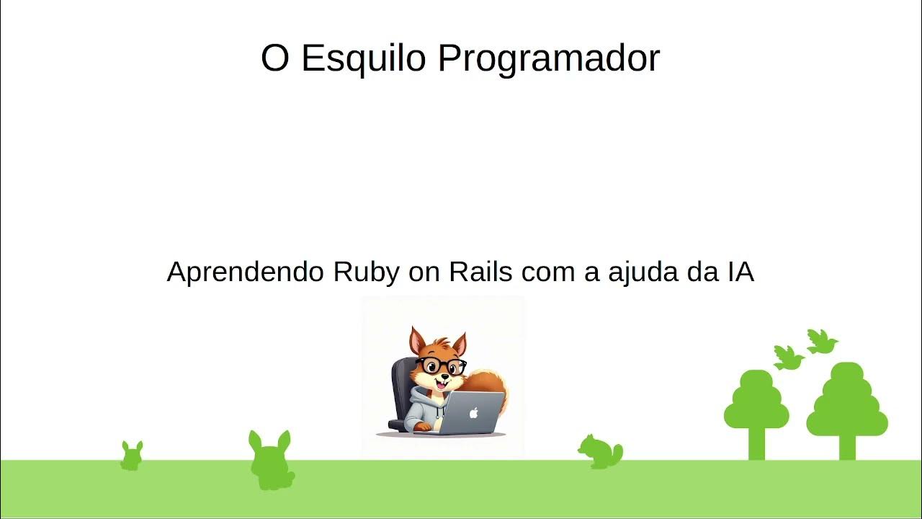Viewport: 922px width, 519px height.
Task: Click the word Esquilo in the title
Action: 364,59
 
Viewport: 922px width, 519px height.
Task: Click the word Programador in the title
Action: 549,59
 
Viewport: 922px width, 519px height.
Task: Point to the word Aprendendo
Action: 246,273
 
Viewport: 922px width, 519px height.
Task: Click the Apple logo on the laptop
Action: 473,413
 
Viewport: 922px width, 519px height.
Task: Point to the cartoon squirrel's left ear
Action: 417,340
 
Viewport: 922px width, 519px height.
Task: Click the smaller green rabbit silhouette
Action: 131,456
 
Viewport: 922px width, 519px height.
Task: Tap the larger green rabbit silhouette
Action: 271,461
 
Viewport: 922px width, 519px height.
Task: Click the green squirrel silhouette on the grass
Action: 600,452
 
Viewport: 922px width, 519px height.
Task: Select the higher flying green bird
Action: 821,341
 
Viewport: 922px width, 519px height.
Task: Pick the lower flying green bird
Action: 788,358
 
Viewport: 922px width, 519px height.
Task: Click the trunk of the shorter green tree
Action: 756,443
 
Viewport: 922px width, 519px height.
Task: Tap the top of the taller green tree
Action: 847,373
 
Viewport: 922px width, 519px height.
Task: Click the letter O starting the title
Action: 274,59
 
